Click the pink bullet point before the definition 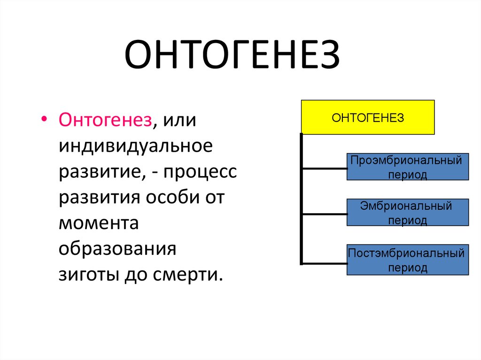coord(44,119)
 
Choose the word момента coord(99,223)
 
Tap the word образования coord(117,249)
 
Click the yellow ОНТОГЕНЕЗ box coord(367,117)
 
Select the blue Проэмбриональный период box coord(407,167)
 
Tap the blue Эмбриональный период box coord(407,212)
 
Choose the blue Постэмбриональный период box coord(407,260)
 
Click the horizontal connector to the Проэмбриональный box coord(324,168)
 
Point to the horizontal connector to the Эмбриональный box coord(324,214)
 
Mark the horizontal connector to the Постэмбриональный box coord(324,262)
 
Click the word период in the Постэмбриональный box coord(407,268)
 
